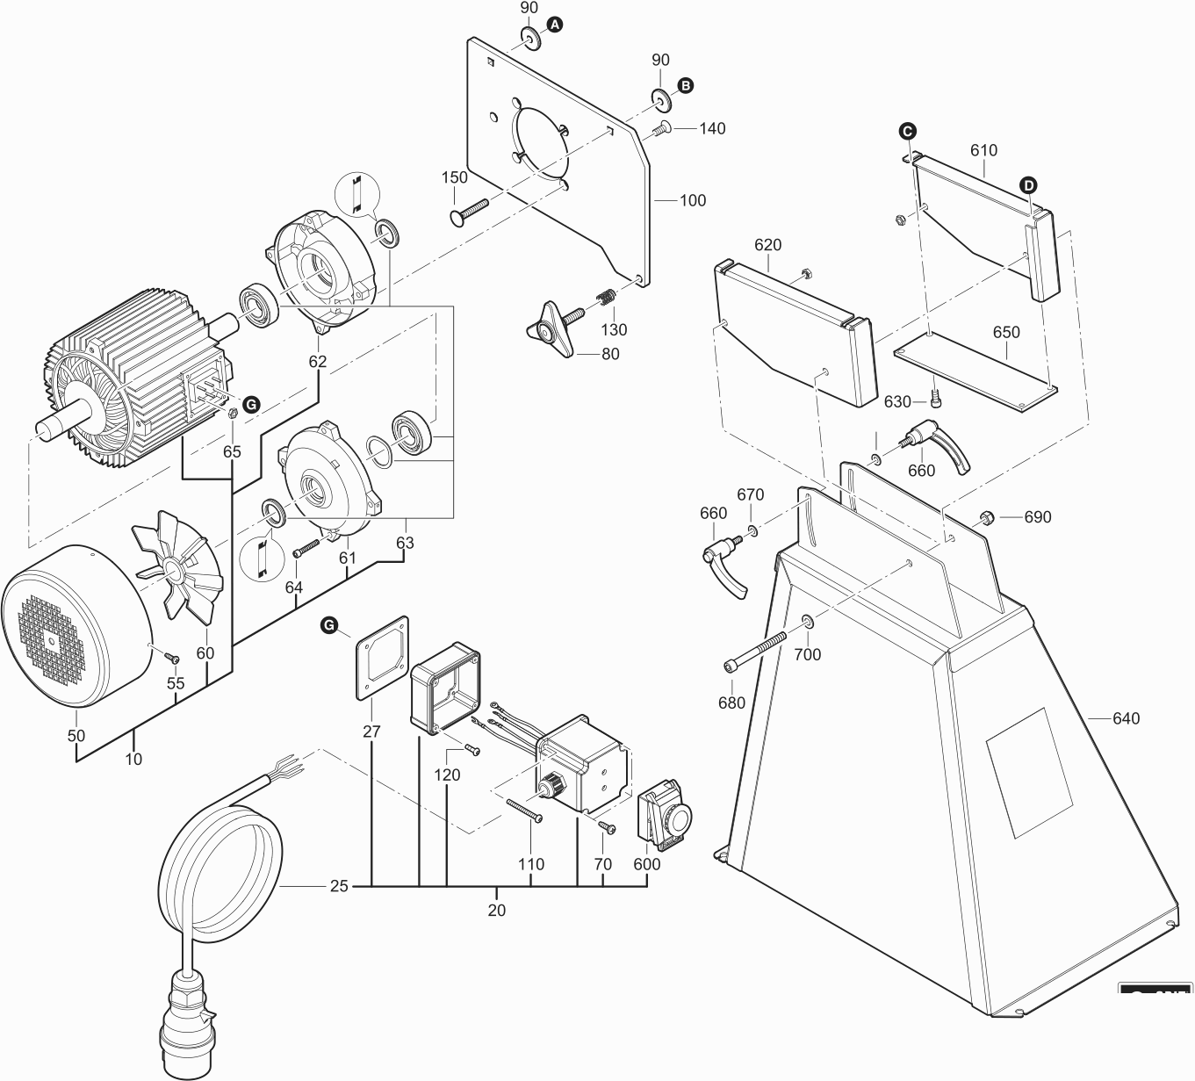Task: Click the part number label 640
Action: (1126, 718)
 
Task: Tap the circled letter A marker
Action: (554, 26)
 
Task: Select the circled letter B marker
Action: (686, 85)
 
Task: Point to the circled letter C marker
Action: (907, 132)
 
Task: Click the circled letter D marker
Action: (1028, 184)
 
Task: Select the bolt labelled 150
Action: (470, 211)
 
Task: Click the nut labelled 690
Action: (985, 516)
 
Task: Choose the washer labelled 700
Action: (807, 623)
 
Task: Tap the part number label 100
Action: (693, 200)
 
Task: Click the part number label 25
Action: (339, 886)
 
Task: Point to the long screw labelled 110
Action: (524, 810)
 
